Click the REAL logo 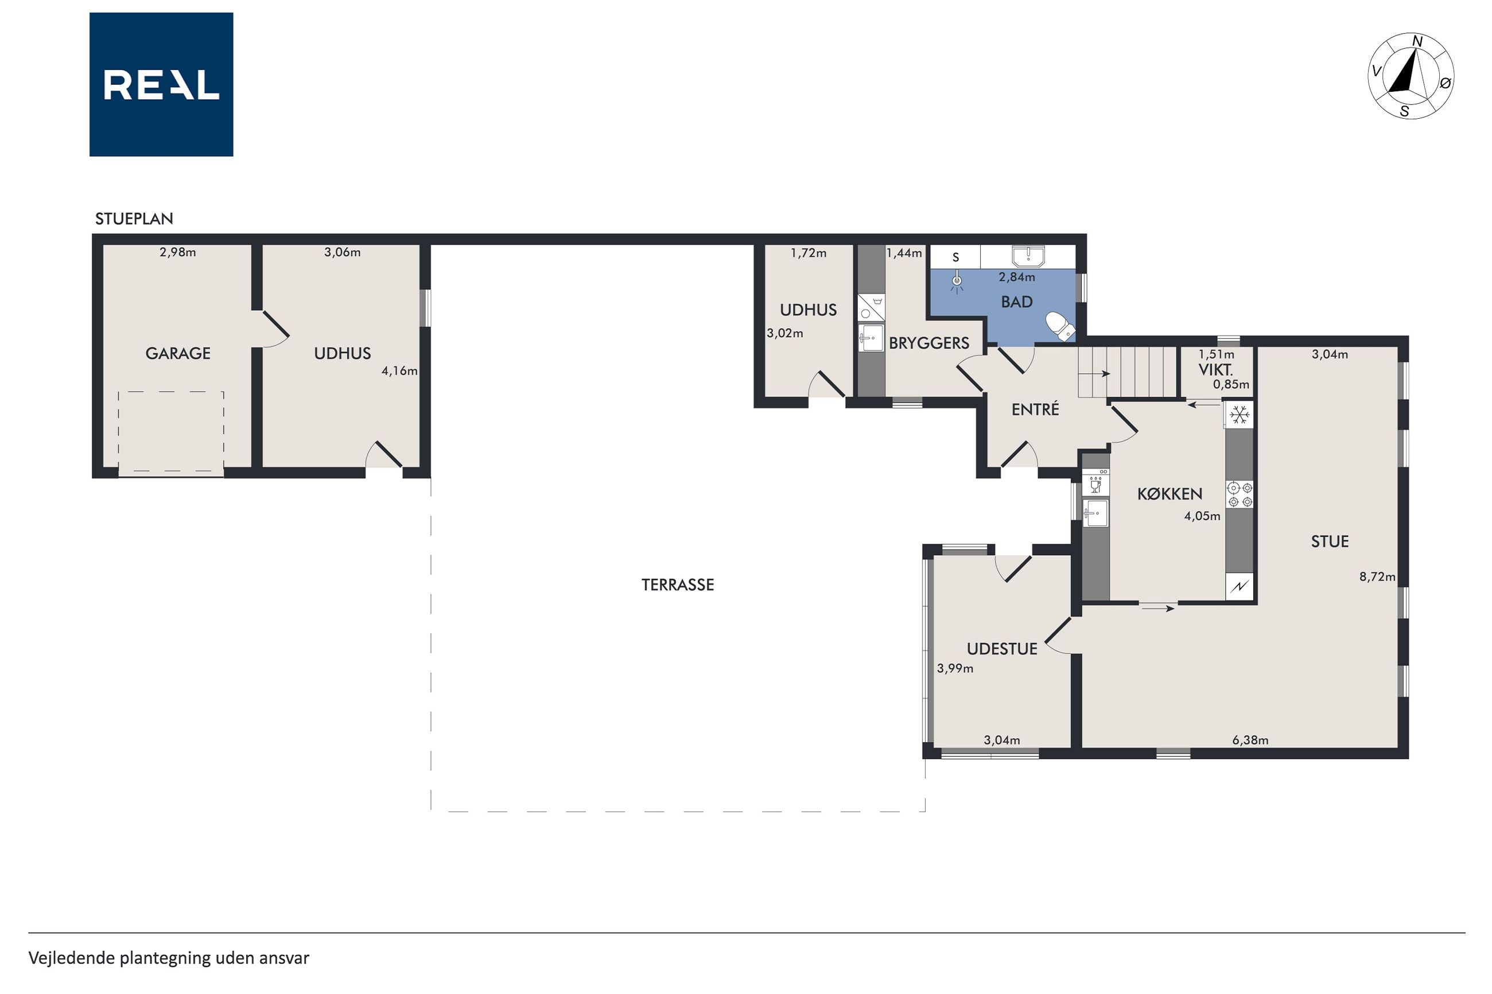161,84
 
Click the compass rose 1411,76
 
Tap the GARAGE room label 177,353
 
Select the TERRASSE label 677,584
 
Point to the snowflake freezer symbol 1239,415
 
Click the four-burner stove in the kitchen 1240,494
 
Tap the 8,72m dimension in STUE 1377,577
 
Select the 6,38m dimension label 1250,740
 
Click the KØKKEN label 1170,494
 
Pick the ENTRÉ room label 1035,409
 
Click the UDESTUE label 1002,649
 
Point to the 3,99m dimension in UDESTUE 955,668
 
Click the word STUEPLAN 134,219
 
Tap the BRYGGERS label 929,343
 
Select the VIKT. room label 1215,369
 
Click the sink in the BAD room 1028,256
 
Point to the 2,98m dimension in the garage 177,252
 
